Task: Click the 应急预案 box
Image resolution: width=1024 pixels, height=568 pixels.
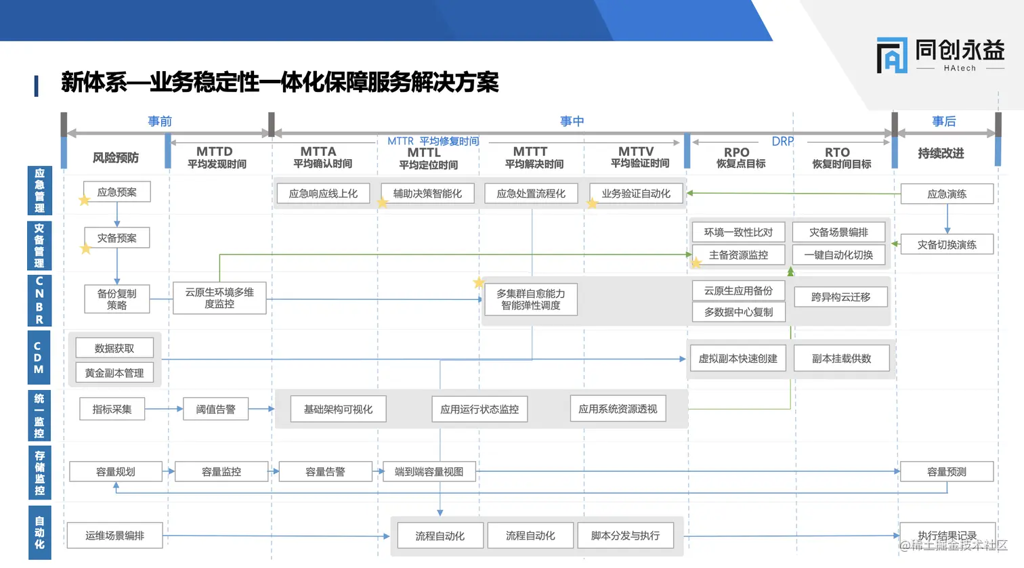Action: [x=116, y=192]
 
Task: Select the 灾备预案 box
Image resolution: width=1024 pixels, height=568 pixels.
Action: [x=116, y=238]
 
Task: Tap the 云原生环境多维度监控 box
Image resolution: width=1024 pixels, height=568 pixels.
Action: [x=219, y=298]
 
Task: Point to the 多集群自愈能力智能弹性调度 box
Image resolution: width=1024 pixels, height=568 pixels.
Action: [x=531, y=299]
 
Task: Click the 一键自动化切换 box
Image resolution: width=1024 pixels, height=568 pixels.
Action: [x=838, y=255]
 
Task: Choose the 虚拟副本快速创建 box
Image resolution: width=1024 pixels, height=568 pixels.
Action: [x=738, y=359]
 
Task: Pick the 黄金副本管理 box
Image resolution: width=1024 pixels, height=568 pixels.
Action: [x=114, y=373]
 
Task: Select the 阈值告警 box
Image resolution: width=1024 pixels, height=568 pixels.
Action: [x=215, y=409]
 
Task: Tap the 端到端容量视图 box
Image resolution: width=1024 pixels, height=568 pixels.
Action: [x=429, y=472]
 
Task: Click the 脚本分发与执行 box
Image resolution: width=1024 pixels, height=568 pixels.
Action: [x=625, y=536]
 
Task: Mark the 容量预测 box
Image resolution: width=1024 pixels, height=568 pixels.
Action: [x=946, y=472]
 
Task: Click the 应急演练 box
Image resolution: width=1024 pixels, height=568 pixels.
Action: [x=946, y=194]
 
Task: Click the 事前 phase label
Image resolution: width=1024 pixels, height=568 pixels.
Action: [x=160, y=121]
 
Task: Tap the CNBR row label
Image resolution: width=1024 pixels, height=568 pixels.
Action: [x=39, y=300]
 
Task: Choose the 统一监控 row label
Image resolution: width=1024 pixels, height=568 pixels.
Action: [x=39, y=416]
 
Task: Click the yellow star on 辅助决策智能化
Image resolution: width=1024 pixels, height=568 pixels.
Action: [x=383, y=202]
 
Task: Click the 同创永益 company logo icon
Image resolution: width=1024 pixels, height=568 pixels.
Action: [x=891, y=55]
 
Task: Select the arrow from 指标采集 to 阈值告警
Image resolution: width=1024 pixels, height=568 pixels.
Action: [x=164, y=409]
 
